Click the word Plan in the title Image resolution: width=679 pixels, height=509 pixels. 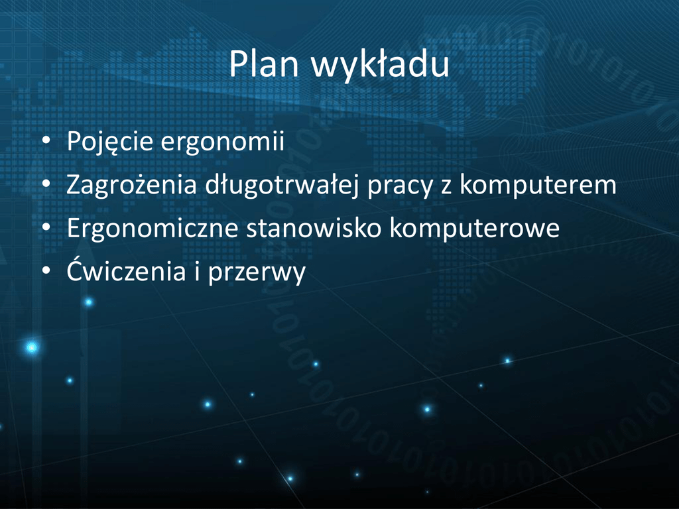pos(264,64)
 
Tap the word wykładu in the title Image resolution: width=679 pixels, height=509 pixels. pos(380,65)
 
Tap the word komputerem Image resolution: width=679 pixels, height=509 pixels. pos(538,184)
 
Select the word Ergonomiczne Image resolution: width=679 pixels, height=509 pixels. pos(152,229)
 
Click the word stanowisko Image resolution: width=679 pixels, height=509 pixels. pos(314,228)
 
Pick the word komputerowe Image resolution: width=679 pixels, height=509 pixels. pos(475,229)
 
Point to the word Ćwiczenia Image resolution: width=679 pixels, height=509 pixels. pos(126,270)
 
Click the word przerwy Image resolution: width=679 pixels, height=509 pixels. pos(257,272)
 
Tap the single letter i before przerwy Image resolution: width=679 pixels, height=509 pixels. pos(197,270)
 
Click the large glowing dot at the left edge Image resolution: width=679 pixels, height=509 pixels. pos(32,347)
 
